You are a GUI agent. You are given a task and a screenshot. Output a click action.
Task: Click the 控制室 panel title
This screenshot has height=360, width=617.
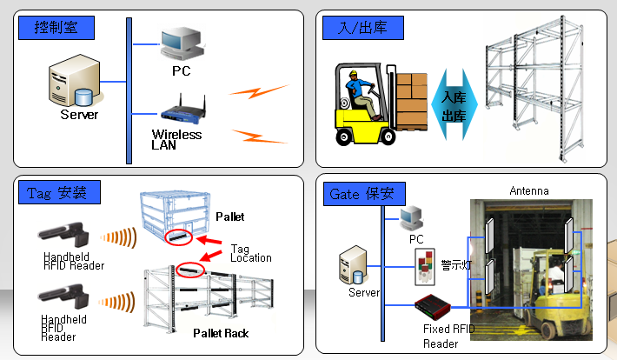(x=56, y=27)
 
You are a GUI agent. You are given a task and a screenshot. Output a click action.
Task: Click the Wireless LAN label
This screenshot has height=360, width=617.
(x=176, y=140)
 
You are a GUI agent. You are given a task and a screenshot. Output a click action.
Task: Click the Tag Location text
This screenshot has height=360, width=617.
(x=250, y=252)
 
